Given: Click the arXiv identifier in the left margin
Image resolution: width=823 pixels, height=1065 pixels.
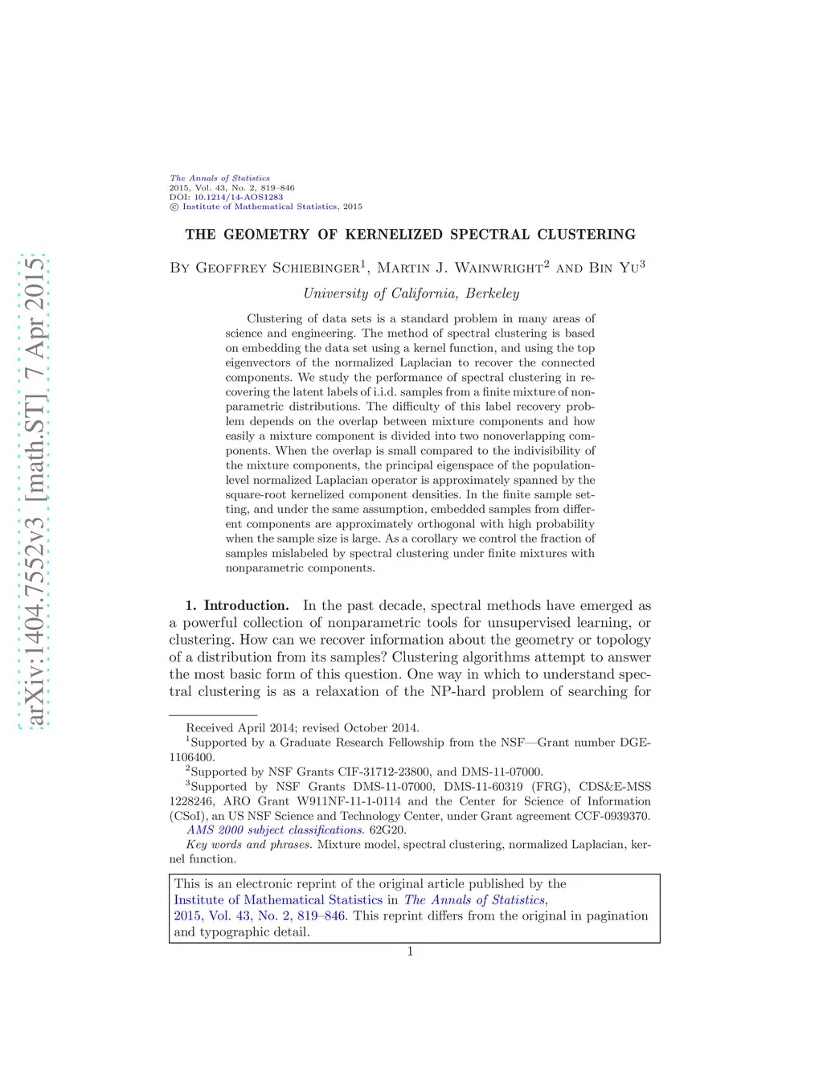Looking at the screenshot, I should pos(34,490).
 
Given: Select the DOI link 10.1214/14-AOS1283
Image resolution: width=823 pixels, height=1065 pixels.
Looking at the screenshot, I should pos(238,197).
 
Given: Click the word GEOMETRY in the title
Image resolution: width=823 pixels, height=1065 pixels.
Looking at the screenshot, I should pos(266,235).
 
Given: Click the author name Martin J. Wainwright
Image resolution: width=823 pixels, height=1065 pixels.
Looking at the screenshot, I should pos(460,268).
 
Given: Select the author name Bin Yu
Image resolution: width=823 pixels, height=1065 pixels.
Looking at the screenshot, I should pos(614,268).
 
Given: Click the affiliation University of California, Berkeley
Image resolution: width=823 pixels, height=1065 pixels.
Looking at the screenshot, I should pos(411,293).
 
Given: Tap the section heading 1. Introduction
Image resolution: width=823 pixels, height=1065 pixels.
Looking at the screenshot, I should pos(237,606).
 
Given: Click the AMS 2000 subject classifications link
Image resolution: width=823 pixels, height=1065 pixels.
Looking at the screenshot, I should pos(275,829).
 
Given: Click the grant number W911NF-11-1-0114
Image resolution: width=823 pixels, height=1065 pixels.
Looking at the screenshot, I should pos(349,801).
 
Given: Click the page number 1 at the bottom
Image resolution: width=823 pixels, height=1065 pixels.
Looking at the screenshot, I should pos(410,952).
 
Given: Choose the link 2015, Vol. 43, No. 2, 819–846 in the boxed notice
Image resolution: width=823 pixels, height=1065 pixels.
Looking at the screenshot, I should pos(260,915).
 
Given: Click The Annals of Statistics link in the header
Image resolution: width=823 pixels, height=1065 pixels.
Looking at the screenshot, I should pos(219,178).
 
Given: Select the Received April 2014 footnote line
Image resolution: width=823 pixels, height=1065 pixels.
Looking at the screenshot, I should pos(302,727).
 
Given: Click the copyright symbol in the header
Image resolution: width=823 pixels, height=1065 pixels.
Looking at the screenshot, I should pos(174,207).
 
